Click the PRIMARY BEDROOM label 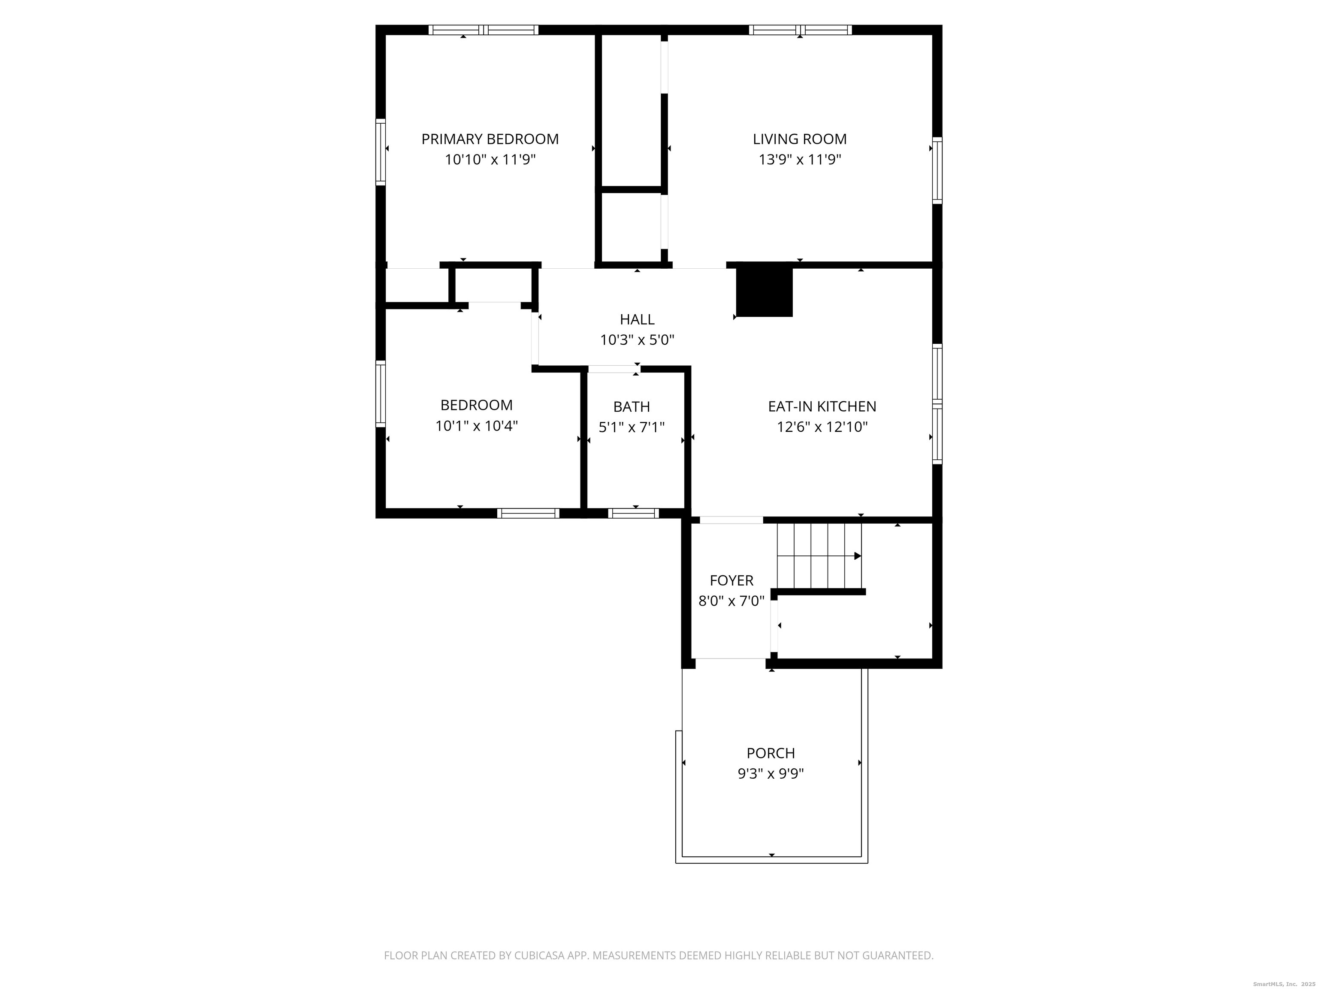490,139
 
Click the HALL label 637,319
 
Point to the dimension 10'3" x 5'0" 637,340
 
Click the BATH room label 632,407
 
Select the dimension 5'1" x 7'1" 632,427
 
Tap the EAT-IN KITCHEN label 822,406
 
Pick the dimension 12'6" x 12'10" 822,427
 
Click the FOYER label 731,580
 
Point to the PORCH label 771,753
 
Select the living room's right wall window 937,170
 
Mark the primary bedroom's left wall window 380,152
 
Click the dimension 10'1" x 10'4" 476,426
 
